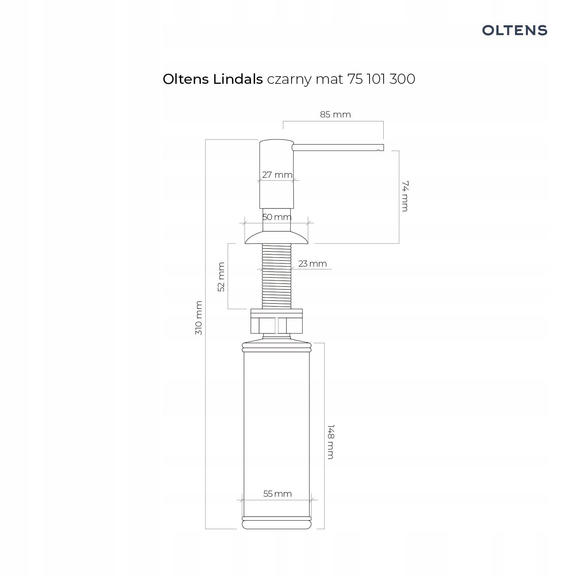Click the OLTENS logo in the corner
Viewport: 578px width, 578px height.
(514, 30)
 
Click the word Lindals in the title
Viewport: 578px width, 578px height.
(238, 79)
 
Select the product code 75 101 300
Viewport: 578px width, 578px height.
(381, 79)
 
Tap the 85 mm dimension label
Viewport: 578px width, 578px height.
(335, 115)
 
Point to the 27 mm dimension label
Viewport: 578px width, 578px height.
(277, 175)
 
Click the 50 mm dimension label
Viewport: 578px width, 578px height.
(277, 217)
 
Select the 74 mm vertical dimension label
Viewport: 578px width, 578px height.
(405, 196)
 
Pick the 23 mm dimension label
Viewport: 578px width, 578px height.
(312, 264)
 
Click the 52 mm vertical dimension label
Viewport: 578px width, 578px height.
(221, 277)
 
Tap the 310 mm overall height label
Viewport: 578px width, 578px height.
(199, 318)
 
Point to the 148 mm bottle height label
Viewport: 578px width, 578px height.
(330, 441)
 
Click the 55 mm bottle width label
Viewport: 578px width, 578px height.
(277, 494)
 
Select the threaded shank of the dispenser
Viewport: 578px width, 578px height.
(277, 276)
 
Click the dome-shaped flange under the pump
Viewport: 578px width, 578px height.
(277, 238)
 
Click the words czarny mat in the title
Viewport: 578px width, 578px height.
(305, 79)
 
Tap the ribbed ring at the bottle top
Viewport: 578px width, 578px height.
(277, 348)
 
